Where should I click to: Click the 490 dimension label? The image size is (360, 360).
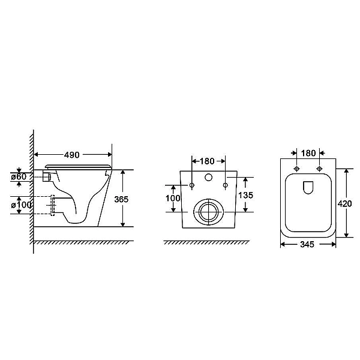click(71, 155)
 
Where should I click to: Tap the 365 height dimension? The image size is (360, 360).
click(121, 199)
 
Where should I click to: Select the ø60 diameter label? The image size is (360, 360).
click(19, 176)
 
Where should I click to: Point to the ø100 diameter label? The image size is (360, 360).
click(22, 205)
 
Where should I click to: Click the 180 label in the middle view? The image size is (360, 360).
click(207, 161)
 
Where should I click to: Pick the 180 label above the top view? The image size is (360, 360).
click(308, 153)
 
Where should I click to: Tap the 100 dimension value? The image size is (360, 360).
click(173, 198)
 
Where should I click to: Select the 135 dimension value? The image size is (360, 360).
click(245, 195)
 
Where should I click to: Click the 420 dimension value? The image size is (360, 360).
click(344, 203)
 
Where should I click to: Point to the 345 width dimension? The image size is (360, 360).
click(307, 245)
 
